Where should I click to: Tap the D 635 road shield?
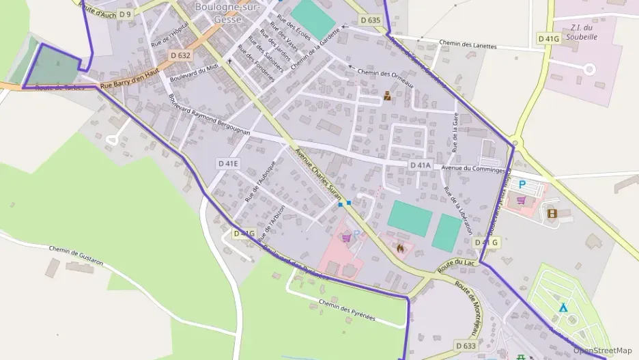(369, 20)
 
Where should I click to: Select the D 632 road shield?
(181, 55)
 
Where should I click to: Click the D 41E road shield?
(229, 163)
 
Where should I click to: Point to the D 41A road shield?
(421, 165)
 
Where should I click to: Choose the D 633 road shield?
(466, 346)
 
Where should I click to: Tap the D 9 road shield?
(124, 14)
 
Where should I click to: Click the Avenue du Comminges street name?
(473, 169)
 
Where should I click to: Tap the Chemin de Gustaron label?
(76, 253)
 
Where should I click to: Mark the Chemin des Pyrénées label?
(347, 309)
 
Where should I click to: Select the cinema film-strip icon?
(552, 213)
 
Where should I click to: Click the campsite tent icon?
(563, 308)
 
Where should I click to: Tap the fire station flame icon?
(400, 248)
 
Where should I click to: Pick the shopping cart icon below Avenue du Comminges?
(522, 200)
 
